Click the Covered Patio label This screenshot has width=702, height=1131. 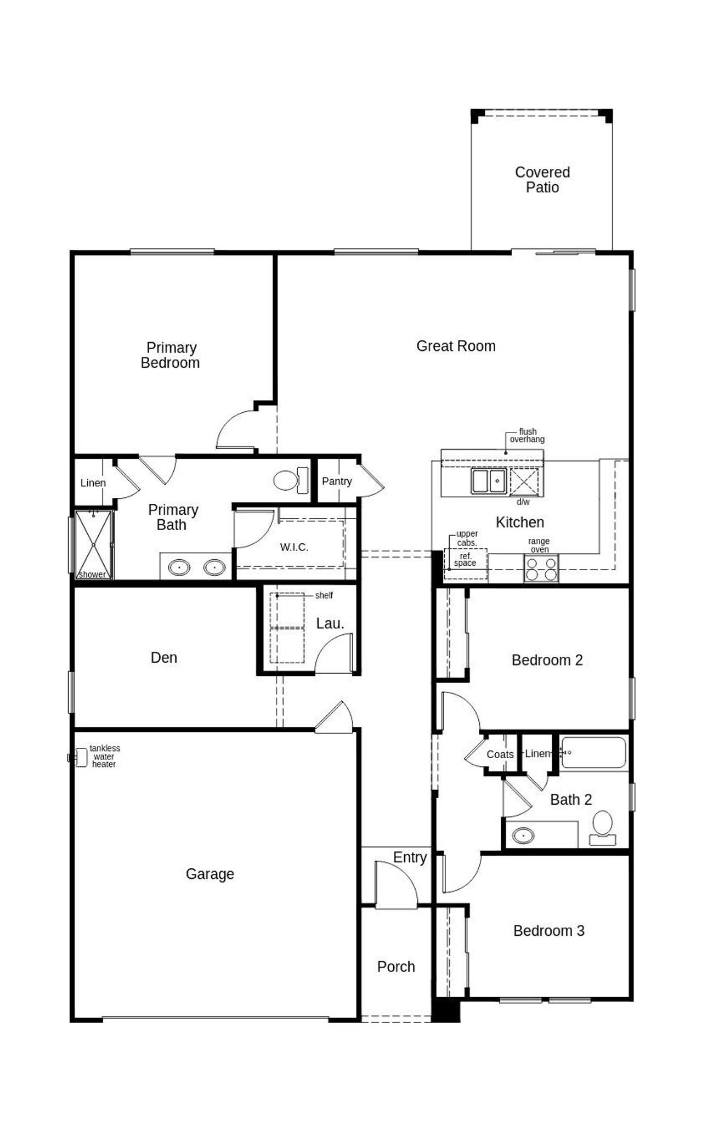(542, 180)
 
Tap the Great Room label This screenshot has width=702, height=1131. (456, 346)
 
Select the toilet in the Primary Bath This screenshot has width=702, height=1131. (291, 481)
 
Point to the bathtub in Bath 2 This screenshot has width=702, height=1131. (593, 752)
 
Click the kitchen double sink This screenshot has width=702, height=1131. (488, 481)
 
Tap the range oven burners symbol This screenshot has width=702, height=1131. (541, 569)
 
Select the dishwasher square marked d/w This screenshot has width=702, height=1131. (524, 481)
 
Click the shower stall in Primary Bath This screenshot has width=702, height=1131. (94, 544)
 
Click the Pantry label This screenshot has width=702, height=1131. (337, 481)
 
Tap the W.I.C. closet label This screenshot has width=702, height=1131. (294, 547)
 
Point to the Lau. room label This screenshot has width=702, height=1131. (330, 624)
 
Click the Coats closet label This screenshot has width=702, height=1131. (500, 754)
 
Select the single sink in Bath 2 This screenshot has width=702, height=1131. (523, 836)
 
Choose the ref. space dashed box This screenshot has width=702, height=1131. (465, 563)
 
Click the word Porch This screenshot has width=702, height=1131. (395, 967)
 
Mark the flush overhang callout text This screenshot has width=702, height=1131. (527, 435)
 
